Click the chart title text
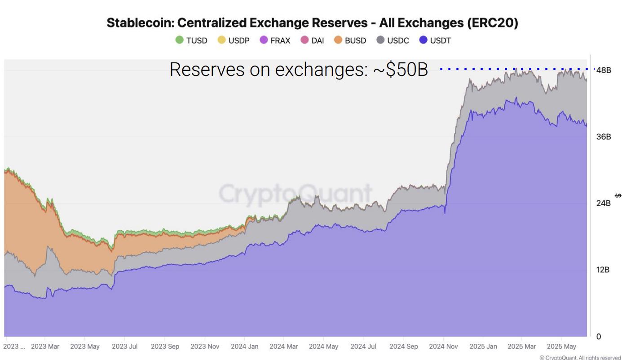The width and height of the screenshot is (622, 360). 312,24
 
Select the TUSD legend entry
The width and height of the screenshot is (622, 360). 192,40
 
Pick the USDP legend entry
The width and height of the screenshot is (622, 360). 234,40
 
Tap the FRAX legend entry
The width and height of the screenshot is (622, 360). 275,40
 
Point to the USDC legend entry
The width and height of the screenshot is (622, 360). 393,40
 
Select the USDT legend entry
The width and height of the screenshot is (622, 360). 435,40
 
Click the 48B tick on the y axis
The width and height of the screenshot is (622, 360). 604,70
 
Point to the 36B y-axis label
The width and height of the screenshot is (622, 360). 604,137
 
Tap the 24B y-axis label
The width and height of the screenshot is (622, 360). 604,203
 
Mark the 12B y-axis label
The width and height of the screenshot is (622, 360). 603,270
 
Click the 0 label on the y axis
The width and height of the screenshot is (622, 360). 599,336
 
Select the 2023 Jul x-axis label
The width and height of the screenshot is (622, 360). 124,347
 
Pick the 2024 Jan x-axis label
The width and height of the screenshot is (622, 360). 244,347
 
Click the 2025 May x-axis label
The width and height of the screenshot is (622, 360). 561,347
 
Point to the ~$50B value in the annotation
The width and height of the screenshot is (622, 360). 401,70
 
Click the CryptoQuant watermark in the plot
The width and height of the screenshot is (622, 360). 295,194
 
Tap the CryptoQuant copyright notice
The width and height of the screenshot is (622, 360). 580,357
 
